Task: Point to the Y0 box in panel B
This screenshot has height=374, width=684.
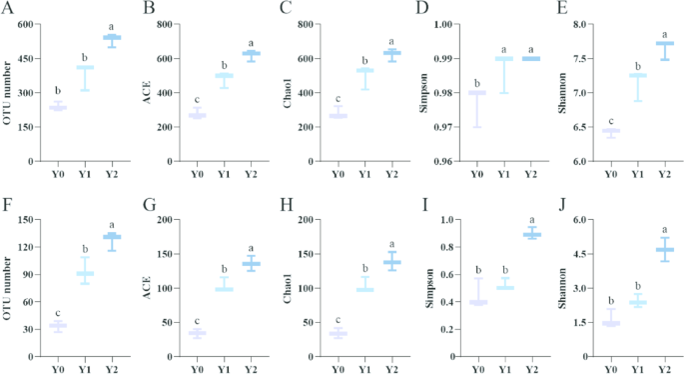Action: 198,115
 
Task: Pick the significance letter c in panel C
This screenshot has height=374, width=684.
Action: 339,98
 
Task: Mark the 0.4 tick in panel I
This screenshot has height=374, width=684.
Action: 443,301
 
